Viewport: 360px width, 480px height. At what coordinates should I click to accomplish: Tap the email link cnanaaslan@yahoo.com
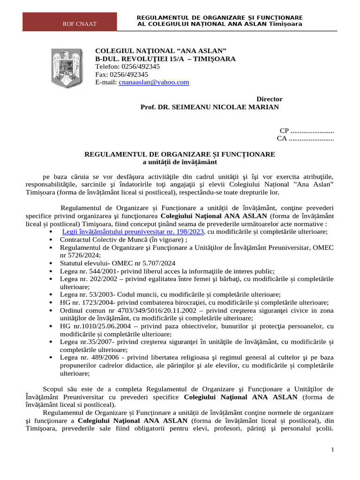(147, 82)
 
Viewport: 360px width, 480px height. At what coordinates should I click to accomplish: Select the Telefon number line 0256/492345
(127, 67)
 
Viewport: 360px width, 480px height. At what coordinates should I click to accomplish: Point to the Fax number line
(121, 74)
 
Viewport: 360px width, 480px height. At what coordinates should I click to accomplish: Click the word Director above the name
(270, 99)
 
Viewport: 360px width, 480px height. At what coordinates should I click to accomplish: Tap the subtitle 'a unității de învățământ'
(180, 162)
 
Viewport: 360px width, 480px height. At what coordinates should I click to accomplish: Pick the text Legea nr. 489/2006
(84, 358)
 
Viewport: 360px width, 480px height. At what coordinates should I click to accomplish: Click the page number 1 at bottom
(332, 450)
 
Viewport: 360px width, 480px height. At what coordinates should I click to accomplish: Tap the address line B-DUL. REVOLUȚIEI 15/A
(165, 59)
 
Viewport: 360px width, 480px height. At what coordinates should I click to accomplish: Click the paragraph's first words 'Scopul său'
(59, 389)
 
